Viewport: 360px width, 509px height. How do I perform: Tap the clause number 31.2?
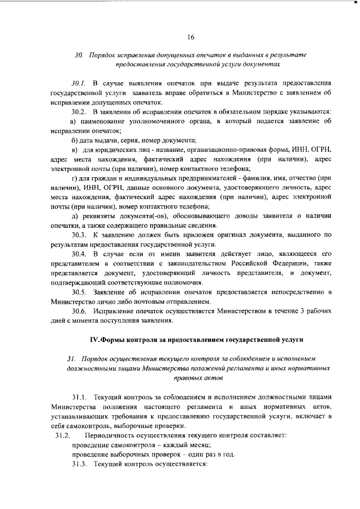(x=61, y=436)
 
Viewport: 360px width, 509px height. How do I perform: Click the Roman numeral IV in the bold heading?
(x=96, y=340)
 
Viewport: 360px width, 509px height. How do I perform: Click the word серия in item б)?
(x=129, y=139)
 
